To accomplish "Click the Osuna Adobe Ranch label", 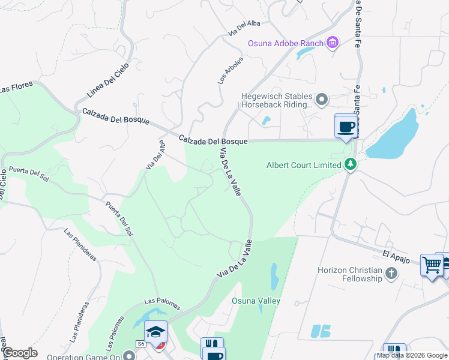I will click(286, 43).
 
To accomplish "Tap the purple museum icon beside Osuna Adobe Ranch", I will click(333, 43).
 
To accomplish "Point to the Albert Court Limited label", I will click(304, 165).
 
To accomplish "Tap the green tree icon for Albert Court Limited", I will click(350, 164).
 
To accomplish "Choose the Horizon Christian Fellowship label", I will click(349, 274).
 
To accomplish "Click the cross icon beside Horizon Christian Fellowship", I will click(391, 274).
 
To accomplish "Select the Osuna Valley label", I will click(256, 301).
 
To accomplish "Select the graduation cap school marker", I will click(155, 331).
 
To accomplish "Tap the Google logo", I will click(20, 353).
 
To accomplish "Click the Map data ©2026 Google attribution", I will click(412, 355).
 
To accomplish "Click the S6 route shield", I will click(140, 344).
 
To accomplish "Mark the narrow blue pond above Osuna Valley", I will click(274, 276).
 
